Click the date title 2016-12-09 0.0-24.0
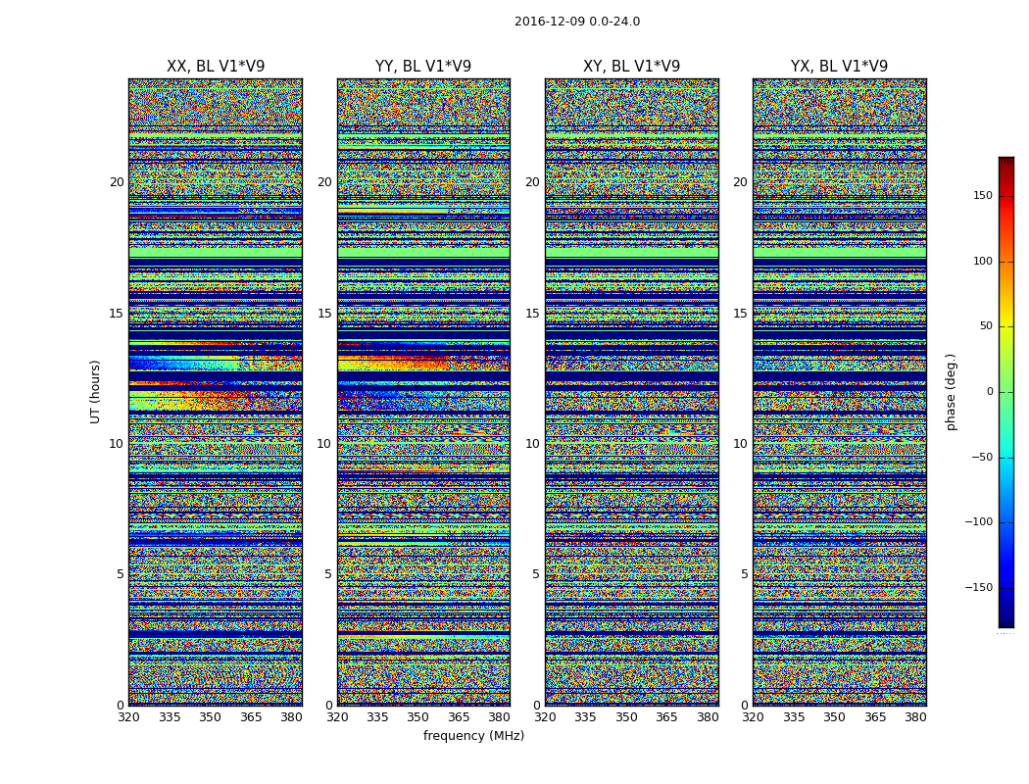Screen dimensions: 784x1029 [x=577, y=22]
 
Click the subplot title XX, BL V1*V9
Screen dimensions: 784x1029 [x=216, y=67]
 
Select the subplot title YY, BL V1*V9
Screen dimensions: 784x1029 [x=423, y=67]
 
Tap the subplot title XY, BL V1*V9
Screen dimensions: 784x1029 [x=631, y=67]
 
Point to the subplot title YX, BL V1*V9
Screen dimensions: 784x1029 [x=839, y=67]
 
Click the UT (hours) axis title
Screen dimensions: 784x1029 [x=95, y=391]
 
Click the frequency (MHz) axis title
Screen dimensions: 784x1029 [x=473, y=736]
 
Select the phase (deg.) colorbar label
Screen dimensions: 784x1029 [x=951, y=391]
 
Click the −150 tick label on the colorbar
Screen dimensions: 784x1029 [x=979, y=587]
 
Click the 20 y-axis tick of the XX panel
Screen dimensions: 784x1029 [x=117, y=182]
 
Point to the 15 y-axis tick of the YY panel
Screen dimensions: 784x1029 [x=324, y=314]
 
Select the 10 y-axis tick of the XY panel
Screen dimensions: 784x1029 [x=532, y=444]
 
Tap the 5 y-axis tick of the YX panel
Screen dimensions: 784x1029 [x=744, y=574]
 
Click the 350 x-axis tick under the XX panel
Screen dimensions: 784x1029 [x=210, y=717]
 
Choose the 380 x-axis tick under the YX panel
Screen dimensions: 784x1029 [x=915, y=717]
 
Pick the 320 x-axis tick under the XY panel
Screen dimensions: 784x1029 [x=545, y=717]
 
